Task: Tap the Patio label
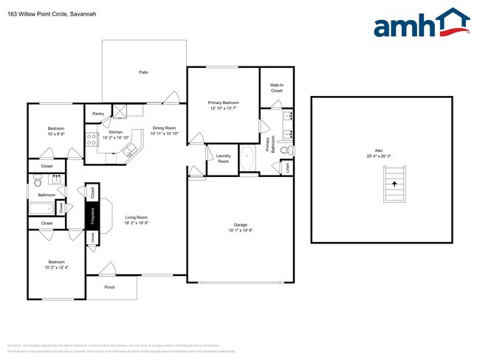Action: point(143,72)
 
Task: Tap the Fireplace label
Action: point(92,215)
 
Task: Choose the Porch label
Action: point(109,287)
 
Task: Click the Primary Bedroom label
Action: point(222,105)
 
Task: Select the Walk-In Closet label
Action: point(277,88)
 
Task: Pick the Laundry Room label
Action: point(222,158)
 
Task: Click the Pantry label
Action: point(98,114)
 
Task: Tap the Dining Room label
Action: point(164,131)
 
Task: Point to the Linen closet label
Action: point(287,167)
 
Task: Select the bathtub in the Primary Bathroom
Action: point(247,158)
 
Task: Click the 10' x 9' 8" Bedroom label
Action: point(55,131)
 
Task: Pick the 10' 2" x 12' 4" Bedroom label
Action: point(56,264)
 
